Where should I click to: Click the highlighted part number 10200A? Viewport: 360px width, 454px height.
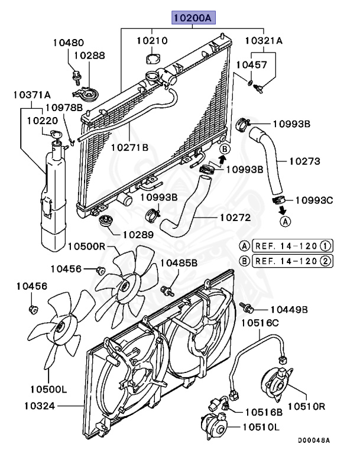[194, 18]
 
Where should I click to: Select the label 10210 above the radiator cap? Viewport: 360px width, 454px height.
[152, 41]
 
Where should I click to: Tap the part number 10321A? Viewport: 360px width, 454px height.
[264, 41]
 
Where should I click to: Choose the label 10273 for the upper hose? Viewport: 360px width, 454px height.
[304, 160]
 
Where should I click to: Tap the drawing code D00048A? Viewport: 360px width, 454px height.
[313, 440]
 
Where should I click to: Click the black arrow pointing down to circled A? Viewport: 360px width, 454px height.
[283, 209]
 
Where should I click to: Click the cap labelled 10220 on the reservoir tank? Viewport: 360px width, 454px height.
[55, 137]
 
